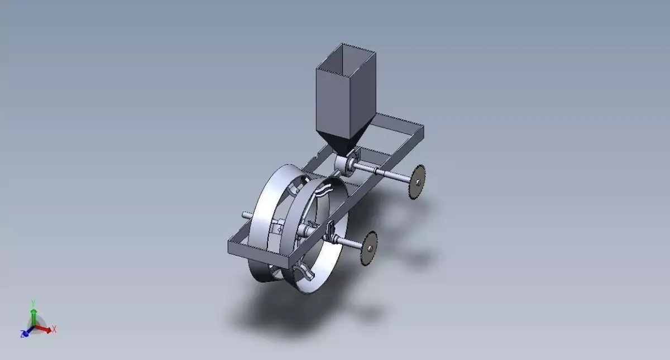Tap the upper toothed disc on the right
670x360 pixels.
pos(417,181)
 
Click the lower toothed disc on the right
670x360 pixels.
pos(368,248)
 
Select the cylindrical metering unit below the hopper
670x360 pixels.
pos(343,164)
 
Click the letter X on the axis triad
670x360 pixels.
pos(54,329)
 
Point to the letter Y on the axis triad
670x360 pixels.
pos(33,302)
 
